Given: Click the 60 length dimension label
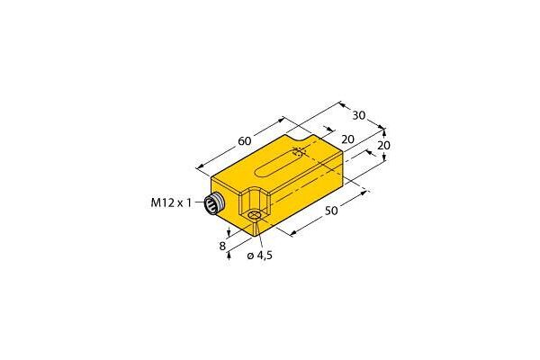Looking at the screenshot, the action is pos(245,140).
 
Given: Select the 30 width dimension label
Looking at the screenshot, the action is pos(358,115).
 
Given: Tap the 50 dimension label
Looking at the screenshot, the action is pos(331,211).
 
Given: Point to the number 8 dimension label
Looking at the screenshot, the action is pos(222,246).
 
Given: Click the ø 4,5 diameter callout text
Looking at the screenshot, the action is pos(260,256).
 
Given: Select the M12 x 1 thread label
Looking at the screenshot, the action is pos(171,202).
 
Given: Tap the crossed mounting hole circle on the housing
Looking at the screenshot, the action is pos(255,216).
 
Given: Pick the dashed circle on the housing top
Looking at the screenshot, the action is pos(298,152).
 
